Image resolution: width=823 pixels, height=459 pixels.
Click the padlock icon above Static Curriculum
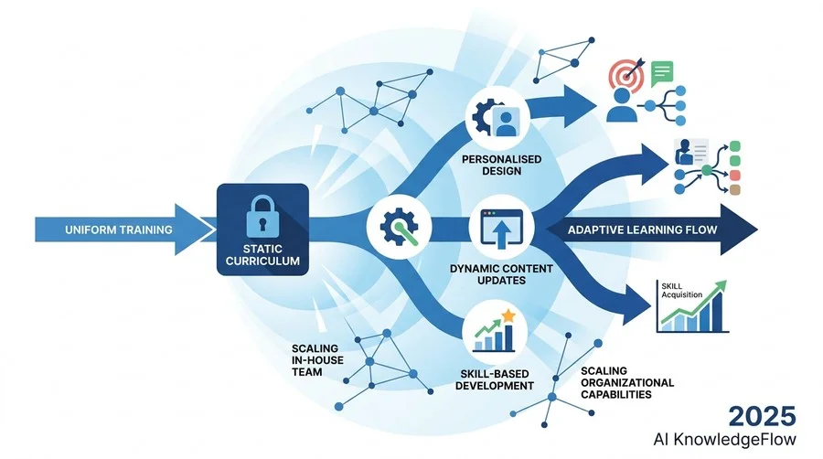262,216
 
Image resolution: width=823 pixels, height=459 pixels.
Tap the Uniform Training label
119,229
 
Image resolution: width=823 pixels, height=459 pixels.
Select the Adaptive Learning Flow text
643,229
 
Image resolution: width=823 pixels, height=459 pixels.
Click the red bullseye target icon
626,76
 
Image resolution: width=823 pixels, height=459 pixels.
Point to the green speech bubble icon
662,73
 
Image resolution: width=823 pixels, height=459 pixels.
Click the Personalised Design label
502,165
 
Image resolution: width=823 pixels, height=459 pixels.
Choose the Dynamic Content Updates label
501,274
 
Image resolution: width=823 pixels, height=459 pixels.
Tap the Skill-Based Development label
495,379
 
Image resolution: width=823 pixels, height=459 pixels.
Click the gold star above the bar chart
508,315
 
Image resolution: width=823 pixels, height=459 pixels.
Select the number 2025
762,417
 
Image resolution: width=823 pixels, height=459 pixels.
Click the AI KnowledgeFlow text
724,439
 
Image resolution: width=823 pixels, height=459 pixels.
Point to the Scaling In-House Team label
317,360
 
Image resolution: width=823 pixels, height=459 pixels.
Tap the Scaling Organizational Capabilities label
627,383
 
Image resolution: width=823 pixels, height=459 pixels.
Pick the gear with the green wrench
399,227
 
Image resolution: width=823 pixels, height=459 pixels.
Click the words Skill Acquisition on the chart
681,290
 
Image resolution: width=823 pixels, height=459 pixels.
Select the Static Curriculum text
262,254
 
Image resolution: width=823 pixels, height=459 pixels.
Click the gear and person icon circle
497,118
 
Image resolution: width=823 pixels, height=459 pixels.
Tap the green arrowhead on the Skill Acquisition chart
721,287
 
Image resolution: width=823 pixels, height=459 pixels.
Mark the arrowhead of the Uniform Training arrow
196,229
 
